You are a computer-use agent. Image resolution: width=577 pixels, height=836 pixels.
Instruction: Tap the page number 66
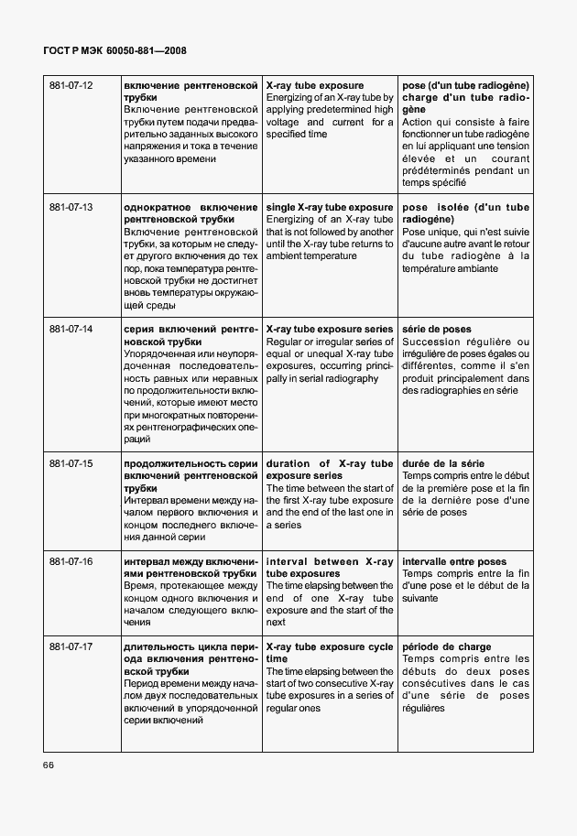point(49,765)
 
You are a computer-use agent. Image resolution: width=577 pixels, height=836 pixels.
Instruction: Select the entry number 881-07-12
point(71,85)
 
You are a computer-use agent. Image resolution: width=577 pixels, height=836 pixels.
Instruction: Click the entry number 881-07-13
point(71,208)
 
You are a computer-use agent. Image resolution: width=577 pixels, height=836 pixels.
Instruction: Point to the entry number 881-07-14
point(71,329)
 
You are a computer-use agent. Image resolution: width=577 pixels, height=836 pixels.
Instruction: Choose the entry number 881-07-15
point(71,464)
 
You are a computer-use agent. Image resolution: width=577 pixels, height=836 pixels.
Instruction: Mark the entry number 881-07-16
point(71,561)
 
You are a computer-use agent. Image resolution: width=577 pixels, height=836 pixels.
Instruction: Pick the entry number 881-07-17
point(71,647)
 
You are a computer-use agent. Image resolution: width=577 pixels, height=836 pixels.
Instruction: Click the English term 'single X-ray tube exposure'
point(329,208)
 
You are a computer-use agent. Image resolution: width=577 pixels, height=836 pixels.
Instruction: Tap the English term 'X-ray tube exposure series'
point(329,329)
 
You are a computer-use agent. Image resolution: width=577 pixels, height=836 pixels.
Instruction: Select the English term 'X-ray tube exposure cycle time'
point(329,653)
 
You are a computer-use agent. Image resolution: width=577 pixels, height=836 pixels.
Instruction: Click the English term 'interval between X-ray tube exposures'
point(329,567)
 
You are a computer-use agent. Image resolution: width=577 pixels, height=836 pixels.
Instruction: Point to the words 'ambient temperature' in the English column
point(310,256)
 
